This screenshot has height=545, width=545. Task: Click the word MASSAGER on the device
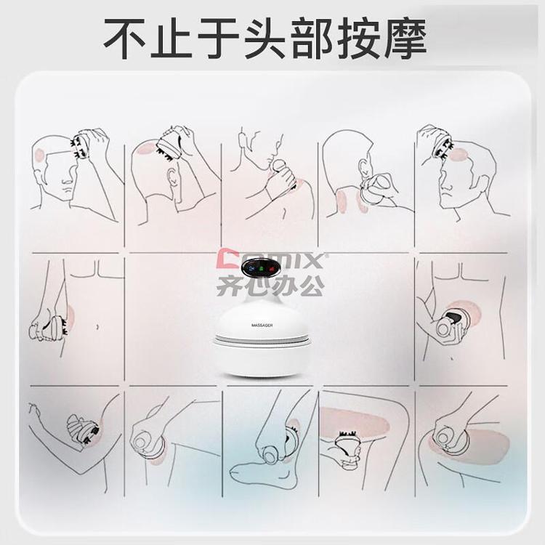262,326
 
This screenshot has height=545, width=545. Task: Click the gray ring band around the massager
262,339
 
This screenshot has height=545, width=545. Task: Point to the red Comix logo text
270,261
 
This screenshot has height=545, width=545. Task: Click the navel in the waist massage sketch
97,327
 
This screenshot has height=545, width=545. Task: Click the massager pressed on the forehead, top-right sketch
442,145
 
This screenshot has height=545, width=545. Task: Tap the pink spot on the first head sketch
39,155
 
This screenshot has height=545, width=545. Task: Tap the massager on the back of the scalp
169,146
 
